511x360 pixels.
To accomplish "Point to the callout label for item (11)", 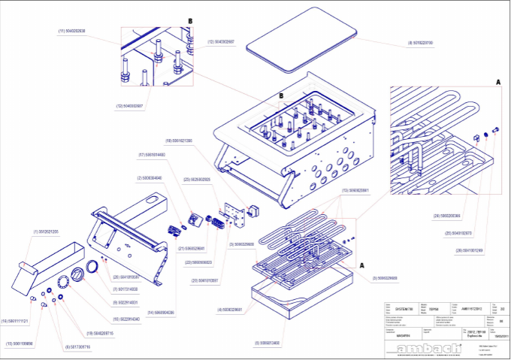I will [71, 31].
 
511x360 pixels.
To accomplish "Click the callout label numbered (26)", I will [470, 250].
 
